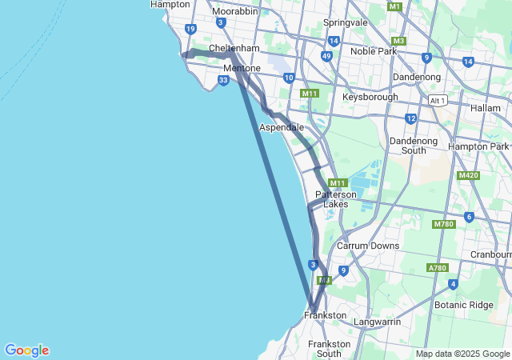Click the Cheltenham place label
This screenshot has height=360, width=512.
point(234,48)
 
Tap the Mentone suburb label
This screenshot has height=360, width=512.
point(242,68)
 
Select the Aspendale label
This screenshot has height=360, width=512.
point(281,127)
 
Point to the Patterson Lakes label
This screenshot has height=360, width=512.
point(335,199)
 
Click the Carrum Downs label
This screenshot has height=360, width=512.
point(367,246)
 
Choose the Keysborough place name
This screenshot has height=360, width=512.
point(370,97)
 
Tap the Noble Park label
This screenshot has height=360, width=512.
point(373,51)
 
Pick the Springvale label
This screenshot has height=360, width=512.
point(345,22)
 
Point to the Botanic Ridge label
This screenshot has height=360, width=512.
point(464,305)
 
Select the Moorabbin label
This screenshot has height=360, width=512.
point(234,11)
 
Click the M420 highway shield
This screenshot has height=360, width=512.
point(468,175)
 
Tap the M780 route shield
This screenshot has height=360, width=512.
point(443,224)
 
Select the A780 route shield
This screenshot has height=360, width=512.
point(438,267)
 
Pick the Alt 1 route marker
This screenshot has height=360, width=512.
point(437,99)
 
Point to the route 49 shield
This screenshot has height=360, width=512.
point(326,56)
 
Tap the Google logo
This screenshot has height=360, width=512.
point(26,350)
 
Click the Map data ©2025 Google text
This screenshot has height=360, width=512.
point(462,354)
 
